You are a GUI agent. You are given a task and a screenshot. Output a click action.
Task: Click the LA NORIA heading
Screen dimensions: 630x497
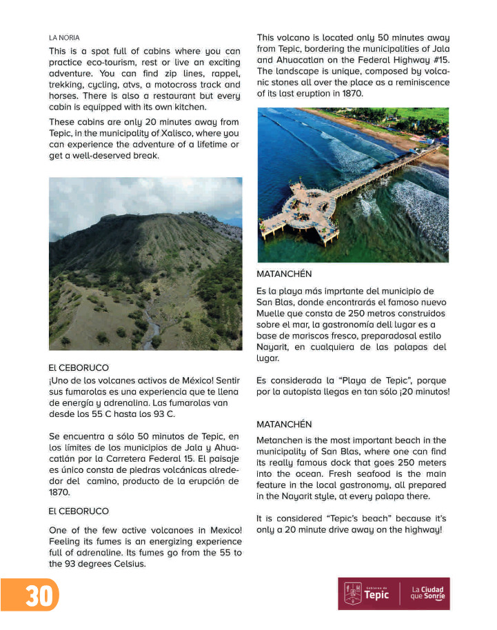[64, 37]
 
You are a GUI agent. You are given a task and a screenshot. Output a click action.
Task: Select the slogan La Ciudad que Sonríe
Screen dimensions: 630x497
[427, 593]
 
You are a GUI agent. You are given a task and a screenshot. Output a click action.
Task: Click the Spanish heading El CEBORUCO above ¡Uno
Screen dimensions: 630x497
[79, 368]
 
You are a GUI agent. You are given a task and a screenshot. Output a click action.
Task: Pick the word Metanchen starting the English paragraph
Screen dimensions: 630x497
[279, 440]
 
